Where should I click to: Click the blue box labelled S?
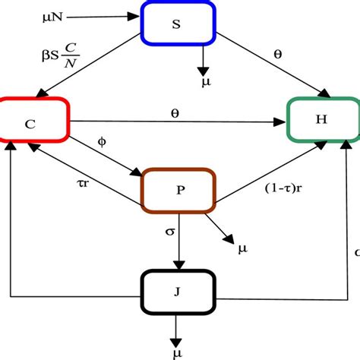[x=177, y=24]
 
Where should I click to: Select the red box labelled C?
[x=34, y=120]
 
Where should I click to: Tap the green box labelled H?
[x=321, y=120]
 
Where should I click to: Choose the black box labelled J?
[x=179, y=290]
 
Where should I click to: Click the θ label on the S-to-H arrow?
[x=277, y=55]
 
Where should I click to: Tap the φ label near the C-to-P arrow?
[x=103, y=142]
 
